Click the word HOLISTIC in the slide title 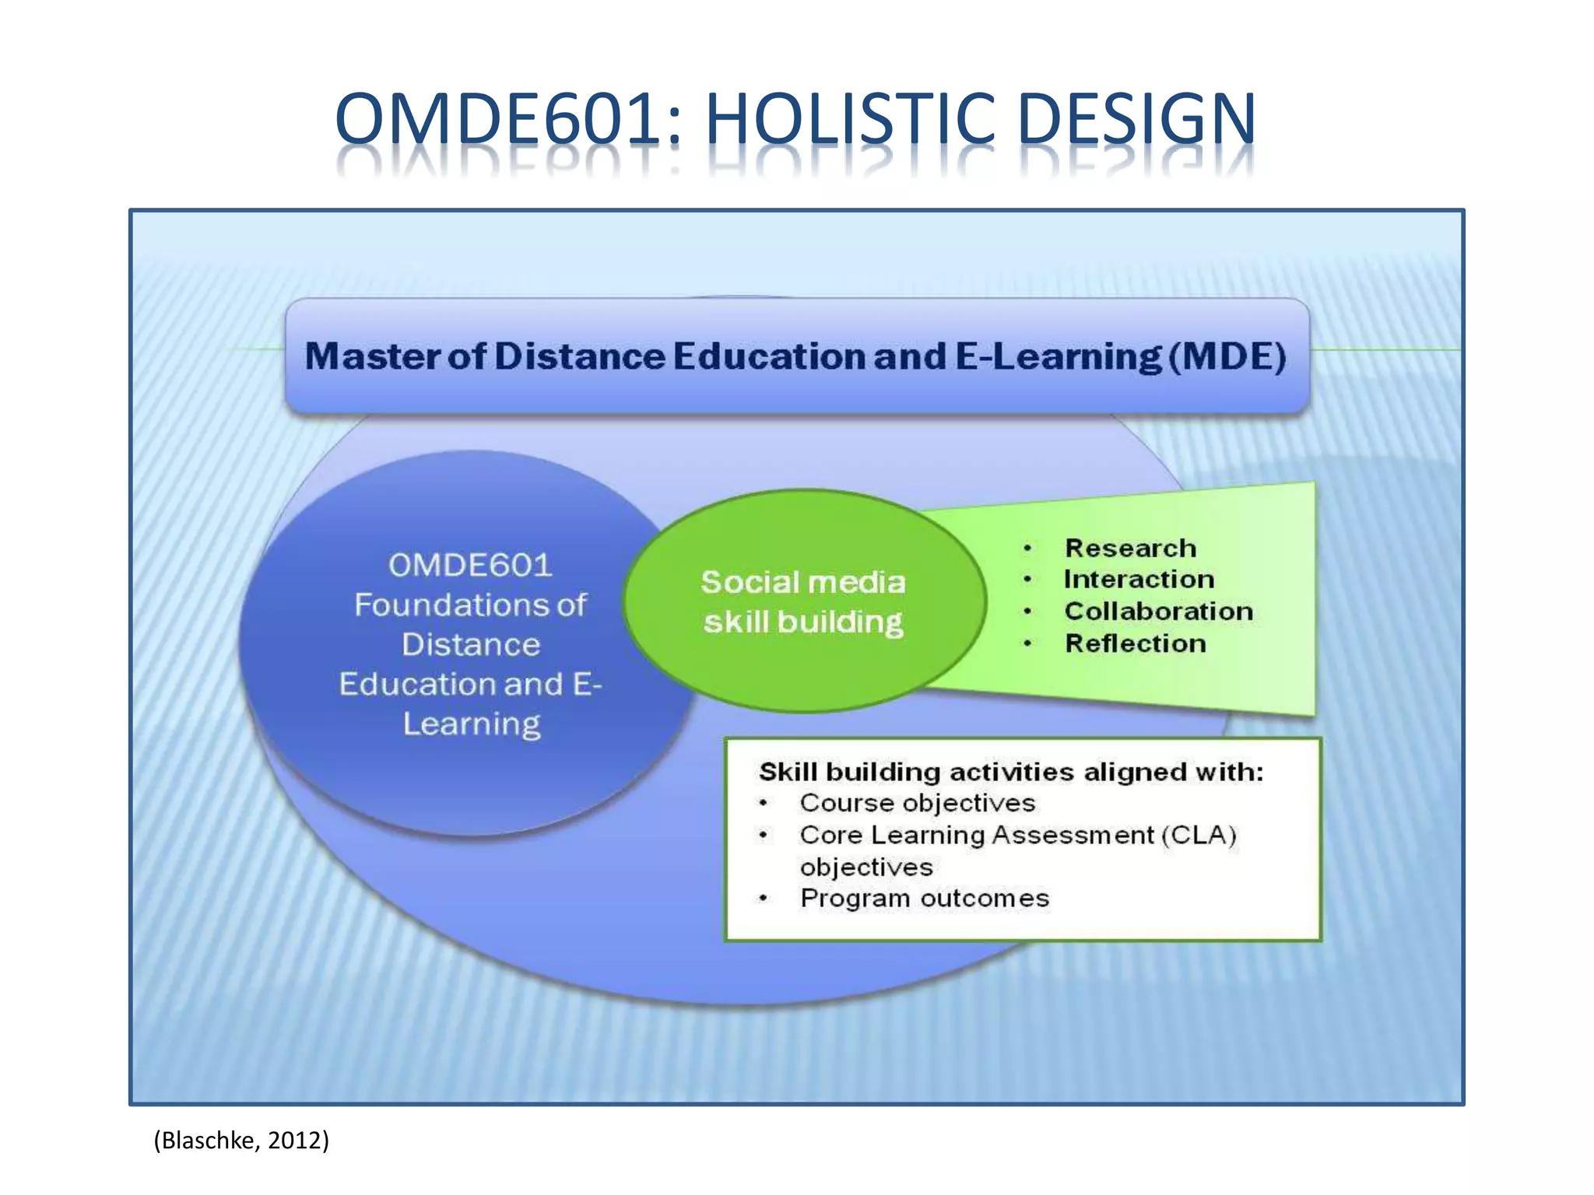coord(850,119)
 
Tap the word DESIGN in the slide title coord(1136,119)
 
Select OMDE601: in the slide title coord(508,119)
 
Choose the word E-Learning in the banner coord(1059,356)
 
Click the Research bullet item coord(1130,548)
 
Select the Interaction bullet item coord(1139,580)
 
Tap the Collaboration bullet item coord(1159,612)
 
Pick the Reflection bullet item coord(1136,643)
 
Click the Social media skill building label coord(803,601)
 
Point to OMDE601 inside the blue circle coord(470,565)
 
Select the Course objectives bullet coord(917,803)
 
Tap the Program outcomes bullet coord(925,899)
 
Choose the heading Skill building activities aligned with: coord(1011,772)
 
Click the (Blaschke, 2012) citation coord(241,1141)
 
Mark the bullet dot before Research coord(1027,548)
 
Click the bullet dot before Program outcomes coord(764,899)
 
